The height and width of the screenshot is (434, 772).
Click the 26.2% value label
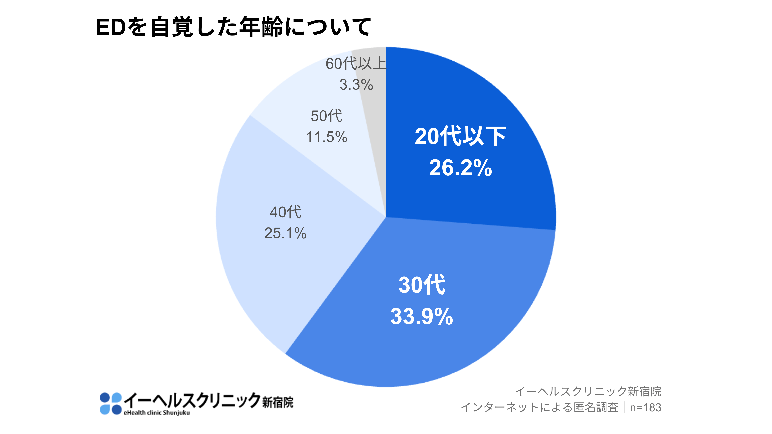460,168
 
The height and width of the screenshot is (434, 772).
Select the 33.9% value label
421,316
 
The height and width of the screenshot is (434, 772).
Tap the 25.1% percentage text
285,233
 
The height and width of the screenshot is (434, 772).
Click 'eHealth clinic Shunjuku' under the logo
156,413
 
